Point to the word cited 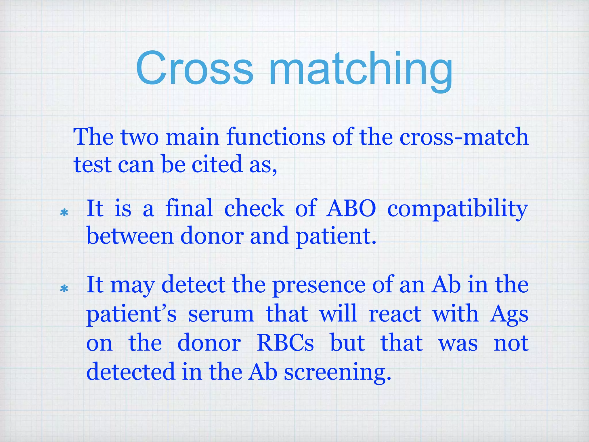[217, 164]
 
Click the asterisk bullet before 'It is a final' [64, 213]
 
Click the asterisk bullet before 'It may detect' [64, 289]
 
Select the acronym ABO [351, 208]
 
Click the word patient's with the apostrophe [131, 314]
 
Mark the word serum [221, 314]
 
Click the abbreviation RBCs [285, 343]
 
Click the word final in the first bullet [189, 208]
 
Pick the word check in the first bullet [254, 208]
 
